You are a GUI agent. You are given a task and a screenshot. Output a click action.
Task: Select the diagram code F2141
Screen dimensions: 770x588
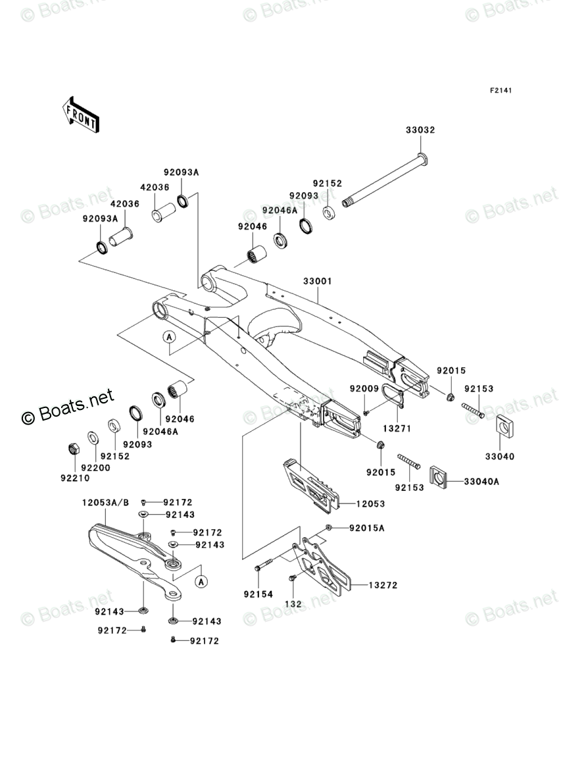[x=500, y=90]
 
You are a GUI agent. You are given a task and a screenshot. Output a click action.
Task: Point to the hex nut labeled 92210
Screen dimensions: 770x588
[x=74, y=449]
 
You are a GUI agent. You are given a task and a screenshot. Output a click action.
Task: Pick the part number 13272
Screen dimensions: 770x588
[x=383, y=585]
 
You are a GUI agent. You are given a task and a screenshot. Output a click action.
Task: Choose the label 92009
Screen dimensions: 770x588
[x=364, y=389]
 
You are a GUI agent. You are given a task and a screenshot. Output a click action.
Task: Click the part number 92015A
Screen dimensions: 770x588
[x=367, y=528]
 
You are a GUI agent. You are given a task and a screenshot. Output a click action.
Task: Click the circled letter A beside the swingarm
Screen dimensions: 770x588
[x=169, y=337]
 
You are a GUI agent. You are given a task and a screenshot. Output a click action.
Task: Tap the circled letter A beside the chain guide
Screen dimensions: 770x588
[x=202, y=581]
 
